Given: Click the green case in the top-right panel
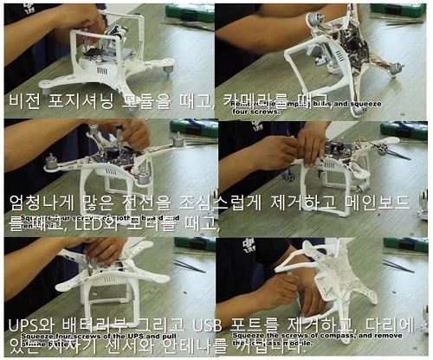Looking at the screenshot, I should tap(406, 10).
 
